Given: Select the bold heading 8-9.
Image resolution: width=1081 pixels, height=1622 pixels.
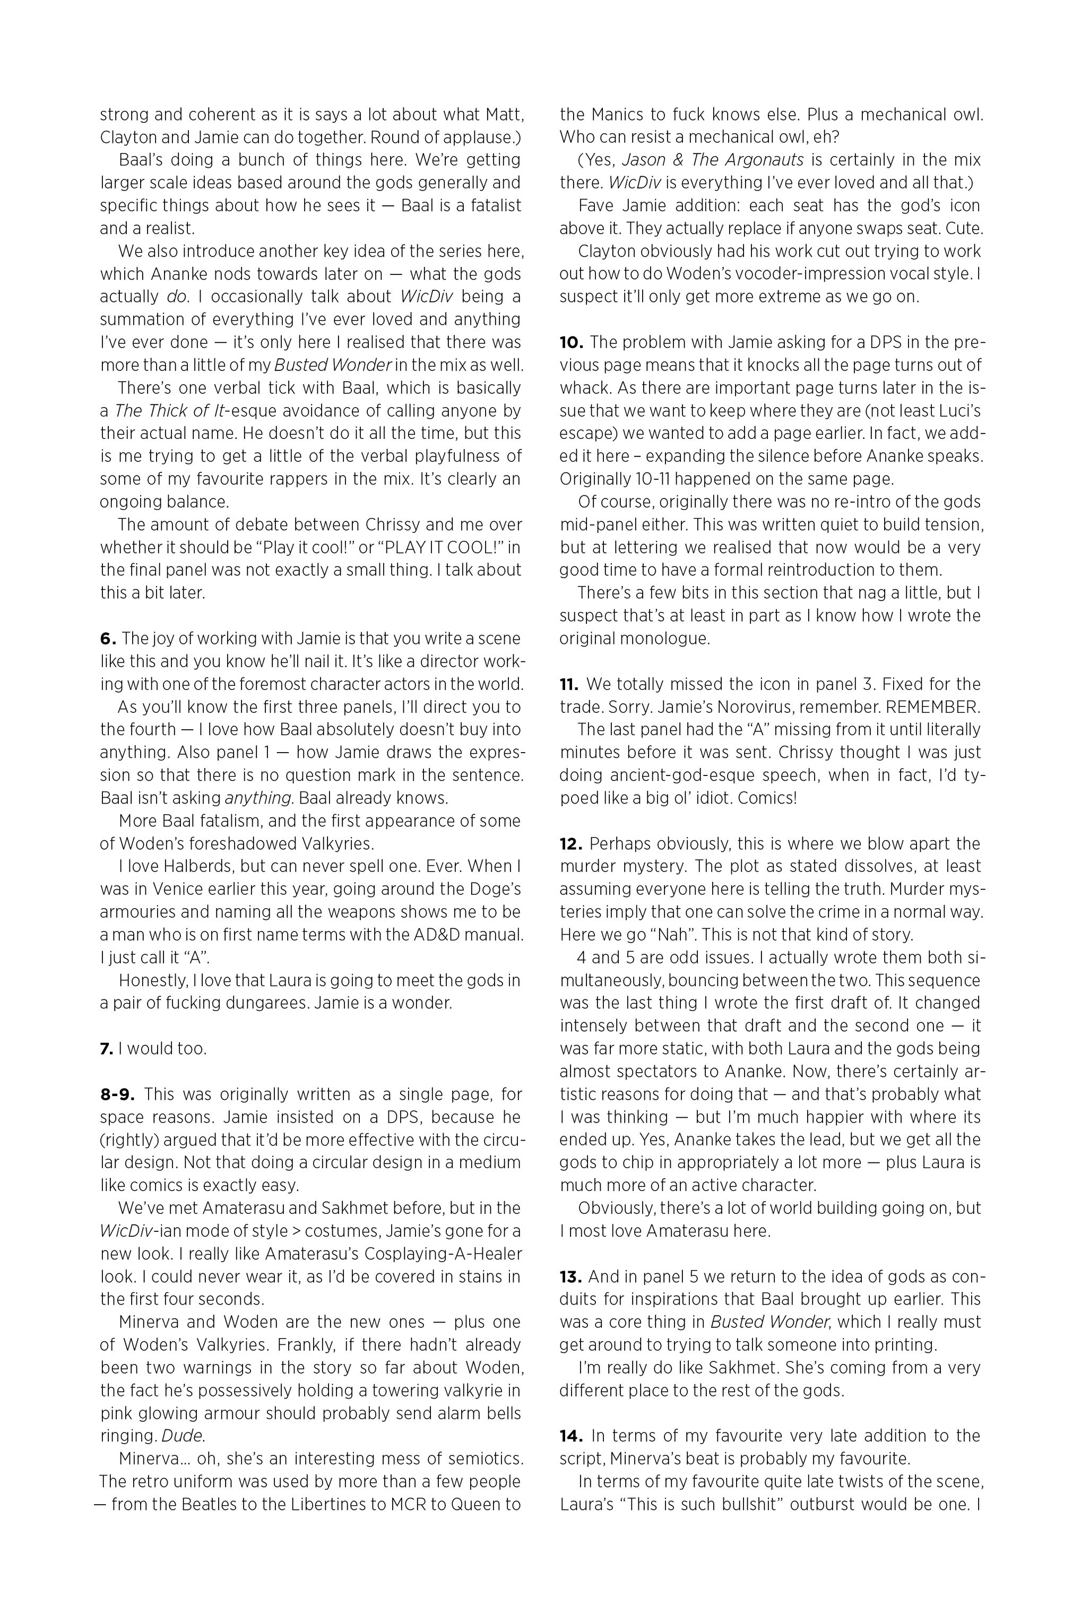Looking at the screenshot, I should point(118,1094).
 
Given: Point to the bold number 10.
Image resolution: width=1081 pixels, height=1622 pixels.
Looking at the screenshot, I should point(572,342).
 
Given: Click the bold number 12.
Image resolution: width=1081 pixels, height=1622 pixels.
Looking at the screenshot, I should point(572,844).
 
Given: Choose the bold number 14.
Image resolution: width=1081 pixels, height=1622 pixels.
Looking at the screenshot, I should point(572,1436).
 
